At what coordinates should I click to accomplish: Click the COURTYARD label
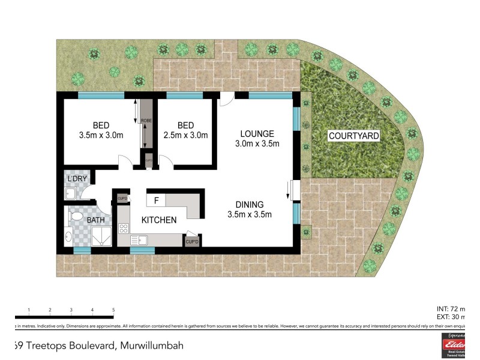354,136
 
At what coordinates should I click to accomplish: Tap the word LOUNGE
257,133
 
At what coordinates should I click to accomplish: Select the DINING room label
250,205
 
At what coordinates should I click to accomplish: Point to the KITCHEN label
158,220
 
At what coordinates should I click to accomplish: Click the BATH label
95,220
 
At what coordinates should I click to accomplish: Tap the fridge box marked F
156,200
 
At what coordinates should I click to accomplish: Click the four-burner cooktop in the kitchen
125,228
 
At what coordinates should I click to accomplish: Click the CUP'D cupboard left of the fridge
122,198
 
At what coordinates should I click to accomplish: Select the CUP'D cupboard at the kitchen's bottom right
192,241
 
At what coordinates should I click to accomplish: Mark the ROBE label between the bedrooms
146,121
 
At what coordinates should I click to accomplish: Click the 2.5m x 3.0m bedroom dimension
185,135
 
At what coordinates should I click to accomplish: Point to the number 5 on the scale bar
113,310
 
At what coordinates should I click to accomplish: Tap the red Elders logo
454,346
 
